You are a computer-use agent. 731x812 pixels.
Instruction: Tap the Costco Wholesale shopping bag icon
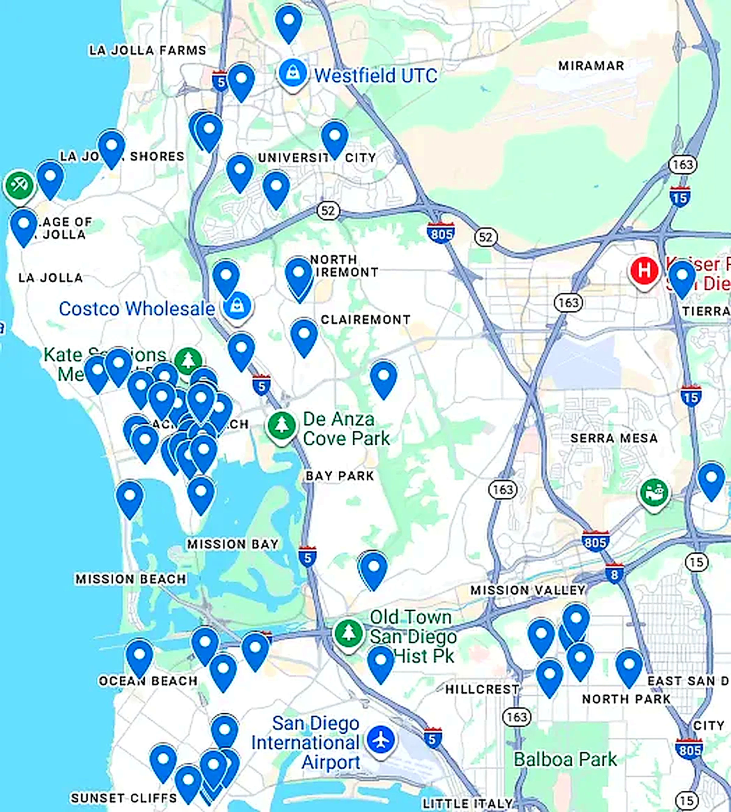coord(237,307)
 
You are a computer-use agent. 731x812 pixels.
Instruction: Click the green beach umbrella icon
coord(19,185)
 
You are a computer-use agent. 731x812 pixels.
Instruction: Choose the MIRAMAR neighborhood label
coord(591,66)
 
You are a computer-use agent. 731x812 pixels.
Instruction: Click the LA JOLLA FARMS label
coord(147,51)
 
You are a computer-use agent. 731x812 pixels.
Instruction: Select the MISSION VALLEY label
coord(528,590)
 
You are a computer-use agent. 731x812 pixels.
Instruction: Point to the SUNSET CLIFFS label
coord(124,798)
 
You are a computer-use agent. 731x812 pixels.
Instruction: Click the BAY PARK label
coord(340,476)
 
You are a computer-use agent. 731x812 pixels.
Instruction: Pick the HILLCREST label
coord(482,690)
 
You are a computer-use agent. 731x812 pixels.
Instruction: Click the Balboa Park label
coord(565,759)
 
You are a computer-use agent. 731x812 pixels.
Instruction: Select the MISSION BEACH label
coord(131,579)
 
